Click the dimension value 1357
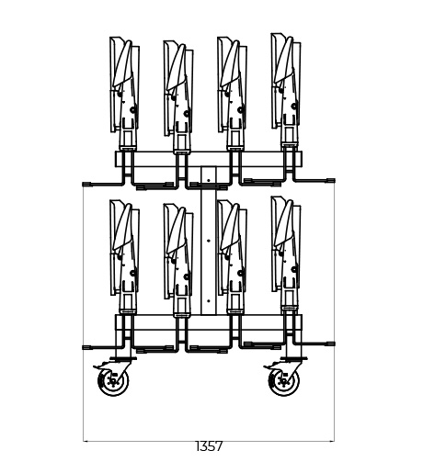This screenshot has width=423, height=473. pyautogui.click(x=209, y=446)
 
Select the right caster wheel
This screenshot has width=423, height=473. pyautogui.click(x=284, y=381)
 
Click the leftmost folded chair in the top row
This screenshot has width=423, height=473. pyautogui.click(x=124, y=88)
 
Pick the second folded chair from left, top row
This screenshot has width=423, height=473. pyautogui.click(x=177, y=88)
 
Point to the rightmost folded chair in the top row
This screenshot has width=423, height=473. pyautogui.click(x=284, y=84)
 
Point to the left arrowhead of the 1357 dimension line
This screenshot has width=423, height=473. pyautogui.click(x=86, y=440)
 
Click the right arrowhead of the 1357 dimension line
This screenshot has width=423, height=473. pyautogui.click(x=331, y=440)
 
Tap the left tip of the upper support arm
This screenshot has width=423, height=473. pyautogui.click(x=86, y=182)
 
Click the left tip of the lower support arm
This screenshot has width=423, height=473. pyautogui.click(x=86, y=346)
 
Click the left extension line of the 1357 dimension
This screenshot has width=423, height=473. pyautogui.click(x=84, y=404)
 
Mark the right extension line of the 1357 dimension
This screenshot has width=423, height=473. pyautogui.click(x=334, y=404)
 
